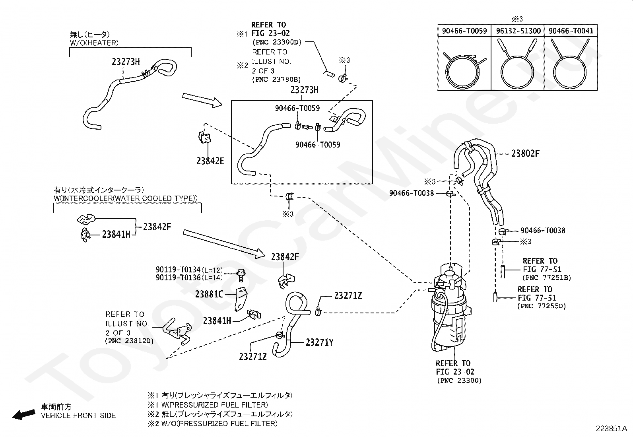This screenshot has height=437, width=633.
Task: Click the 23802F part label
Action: point(525,153)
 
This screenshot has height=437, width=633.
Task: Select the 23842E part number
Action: point(210,161)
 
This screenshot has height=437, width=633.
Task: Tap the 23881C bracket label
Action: point(209,294)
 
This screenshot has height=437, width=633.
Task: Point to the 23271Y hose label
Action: point(319,342)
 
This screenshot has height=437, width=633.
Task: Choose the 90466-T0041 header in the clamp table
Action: point(570,31)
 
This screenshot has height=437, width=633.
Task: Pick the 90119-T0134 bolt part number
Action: point(178,270)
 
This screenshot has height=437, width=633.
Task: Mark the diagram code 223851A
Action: point(611,429)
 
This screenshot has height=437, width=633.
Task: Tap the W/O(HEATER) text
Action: point(94,43)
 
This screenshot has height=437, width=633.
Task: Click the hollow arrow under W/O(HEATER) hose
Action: point(202,101)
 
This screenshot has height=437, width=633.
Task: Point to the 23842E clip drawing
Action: point(205,138)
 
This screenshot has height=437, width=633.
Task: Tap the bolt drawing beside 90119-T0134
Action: point(240,273)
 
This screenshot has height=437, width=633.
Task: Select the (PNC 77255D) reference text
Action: point(541,306)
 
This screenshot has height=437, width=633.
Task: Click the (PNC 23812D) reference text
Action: point(129,341)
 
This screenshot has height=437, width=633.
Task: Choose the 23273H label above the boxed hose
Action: point(304,90)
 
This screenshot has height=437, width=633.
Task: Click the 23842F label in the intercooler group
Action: point(157,227)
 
